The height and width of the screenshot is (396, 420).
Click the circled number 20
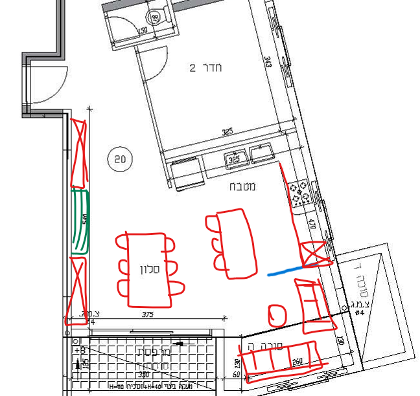click(x=120, y=159)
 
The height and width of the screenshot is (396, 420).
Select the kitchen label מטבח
click(x=242, y=187)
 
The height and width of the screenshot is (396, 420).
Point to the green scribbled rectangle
click(x=80, y=221)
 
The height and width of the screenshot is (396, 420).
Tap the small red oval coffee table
click(x=277, y=315)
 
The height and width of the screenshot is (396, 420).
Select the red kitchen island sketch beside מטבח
click(x=231, y=243)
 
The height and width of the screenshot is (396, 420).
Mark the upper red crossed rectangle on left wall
click(x=78, y=150)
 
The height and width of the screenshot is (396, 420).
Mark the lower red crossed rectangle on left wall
click(x=78, y=289)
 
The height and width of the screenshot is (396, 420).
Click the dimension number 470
click(x=312, y=226)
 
